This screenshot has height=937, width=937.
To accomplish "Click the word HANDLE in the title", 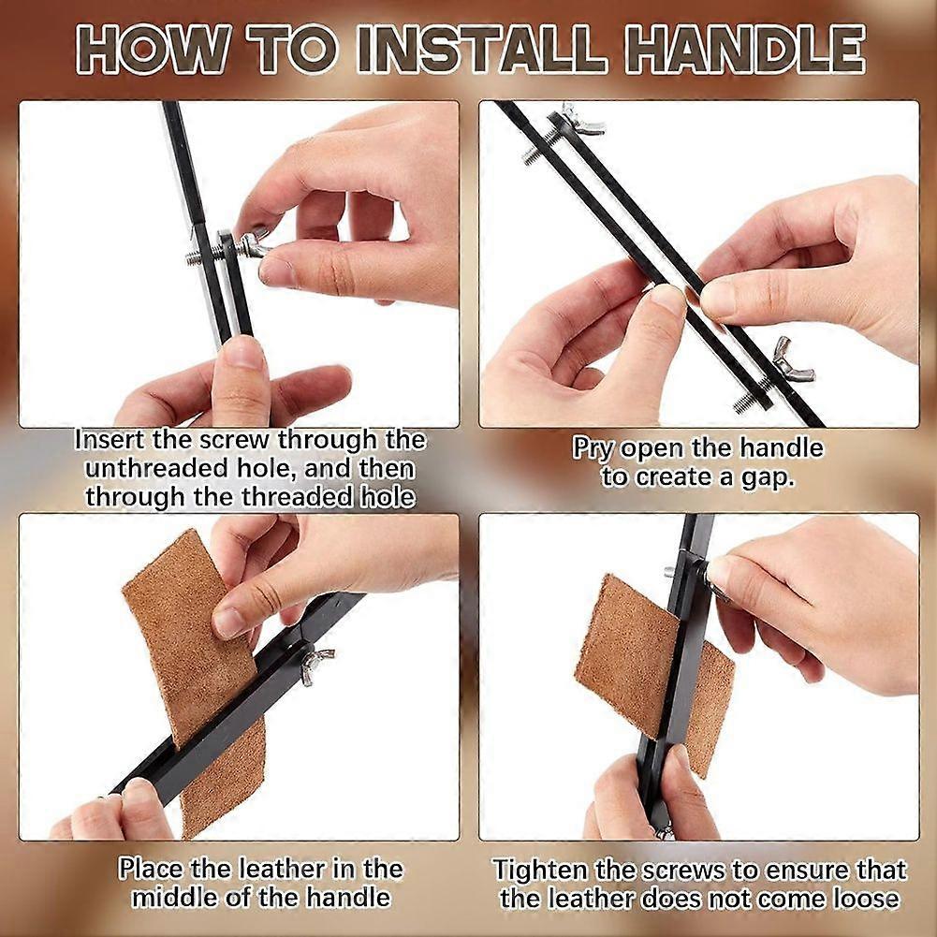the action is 744,49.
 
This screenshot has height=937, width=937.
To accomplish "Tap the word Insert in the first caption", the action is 110,440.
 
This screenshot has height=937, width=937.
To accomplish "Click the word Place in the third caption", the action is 150,869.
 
